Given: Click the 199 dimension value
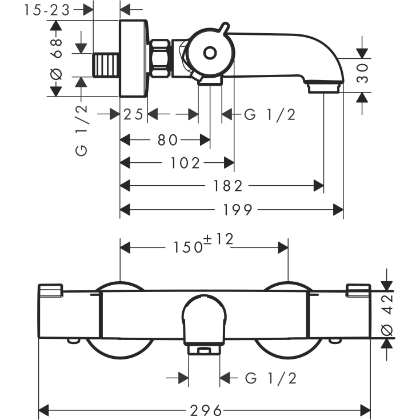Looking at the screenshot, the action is tap(238, 210).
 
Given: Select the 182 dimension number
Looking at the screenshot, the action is tap(227, 186).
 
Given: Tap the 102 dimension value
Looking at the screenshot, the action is tap(185, 163).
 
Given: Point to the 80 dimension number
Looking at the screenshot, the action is tap(167, 140).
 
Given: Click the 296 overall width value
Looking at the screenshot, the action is tap(206, 410).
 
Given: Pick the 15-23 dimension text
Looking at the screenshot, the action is tap(47, 10).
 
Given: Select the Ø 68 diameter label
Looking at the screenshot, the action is tap(56, 59).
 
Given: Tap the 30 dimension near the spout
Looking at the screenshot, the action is tap(362, 73).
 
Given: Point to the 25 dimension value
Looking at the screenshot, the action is tap(133, 115).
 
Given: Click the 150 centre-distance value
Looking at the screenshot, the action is tap(188, 247).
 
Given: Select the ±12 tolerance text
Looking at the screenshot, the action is tap(218, 239).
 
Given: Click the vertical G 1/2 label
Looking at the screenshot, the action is tap(81, 130).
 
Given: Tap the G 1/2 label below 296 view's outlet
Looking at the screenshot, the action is tap(271, 378).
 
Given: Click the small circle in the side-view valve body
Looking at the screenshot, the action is tap(210, 53).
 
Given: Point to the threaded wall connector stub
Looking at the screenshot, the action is tap(106, 65).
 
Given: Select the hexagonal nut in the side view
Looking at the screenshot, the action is tap(160, 59).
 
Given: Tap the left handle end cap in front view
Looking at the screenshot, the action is tap(51, 290).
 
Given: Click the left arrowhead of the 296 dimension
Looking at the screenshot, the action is tap(43, 410).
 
